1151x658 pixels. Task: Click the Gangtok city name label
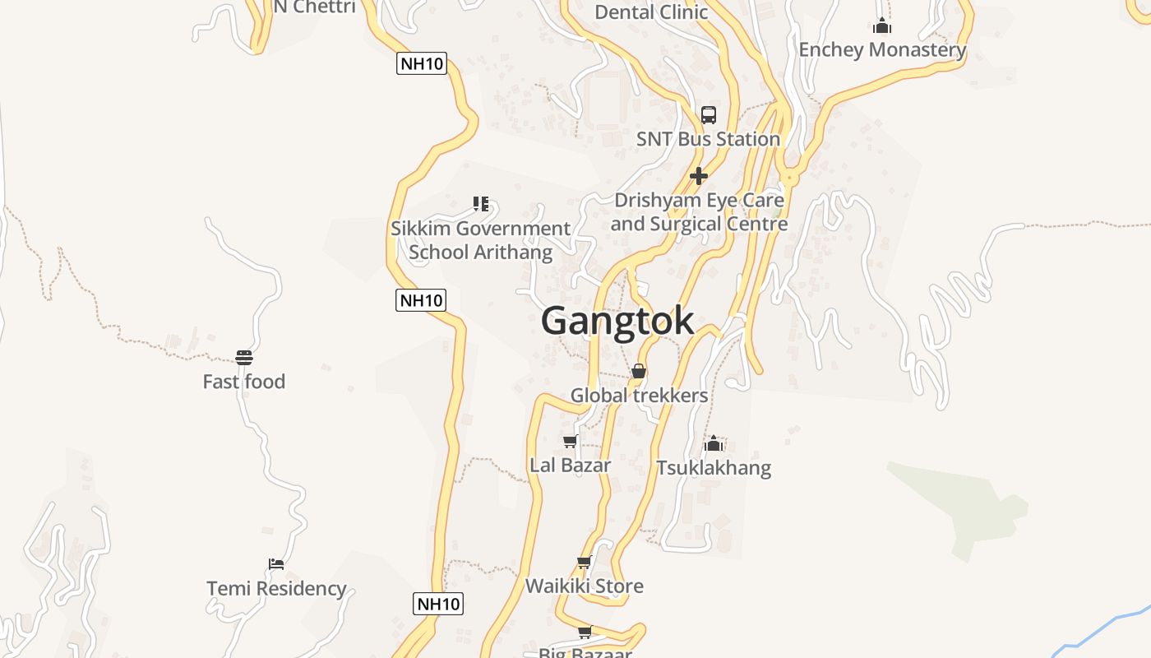tap(617, 321)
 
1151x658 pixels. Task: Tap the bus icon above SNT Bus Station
tap(709, 115)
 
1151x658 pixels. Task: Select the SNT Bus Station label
tap(708, 139)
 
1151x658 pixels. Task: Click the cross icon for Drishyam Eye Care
tap(699, 176)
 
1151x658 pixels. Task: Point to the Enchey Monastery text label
tap(882, 49)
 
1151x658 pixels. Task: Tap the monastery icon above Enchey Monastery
tap(882, 25)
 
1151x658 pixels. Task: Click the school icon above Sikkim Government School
tap(481, 203)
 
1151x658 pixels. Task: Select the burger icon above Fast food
tap(244, 357)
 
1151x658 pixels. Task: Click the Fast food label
tap(244, 382)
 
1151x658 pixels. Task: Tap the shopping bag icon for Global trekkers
tap(639, 371)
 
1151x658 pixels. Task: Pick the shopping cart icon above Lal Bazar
tap(570, 442)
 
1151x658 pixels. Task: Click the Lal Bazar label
tap(570, 466)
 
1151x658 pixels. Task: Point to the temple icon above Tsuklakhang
tap(714, 443)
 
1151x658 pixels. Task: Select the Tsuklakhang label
tap(714, 468)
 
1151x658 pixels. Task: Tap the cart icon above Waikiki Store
tap(585, 563)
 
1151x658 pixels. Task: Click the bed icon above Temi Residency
tap(276, 564)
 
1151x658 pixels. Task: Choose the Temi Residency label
tap(276, 589)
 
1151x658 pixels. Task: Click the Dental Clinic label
tap(651, 12)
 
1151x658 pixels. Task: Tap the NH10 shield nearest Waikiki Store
tap(438, 604)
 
